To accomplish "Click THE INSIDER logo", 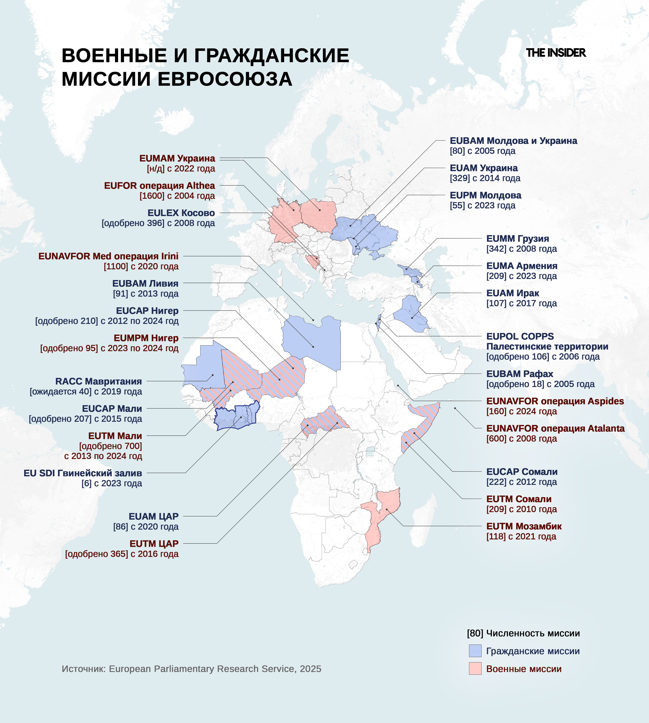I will [556, 53].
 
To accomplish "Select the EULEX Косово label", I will [181, 213].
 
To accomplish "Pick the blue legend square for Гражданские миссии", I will [475, 651].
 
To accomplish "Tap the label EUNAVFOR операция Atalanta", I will [555, 429].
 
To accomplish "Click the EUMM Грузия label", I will [517, 239].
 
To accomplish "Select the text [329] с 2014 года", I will [485, 178].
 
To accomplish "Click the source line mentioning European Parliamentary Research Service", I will [192, 669].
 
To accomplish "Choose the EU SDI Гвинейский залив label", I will [83, 473].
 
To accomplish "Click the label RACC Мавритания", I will [98, 381].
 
